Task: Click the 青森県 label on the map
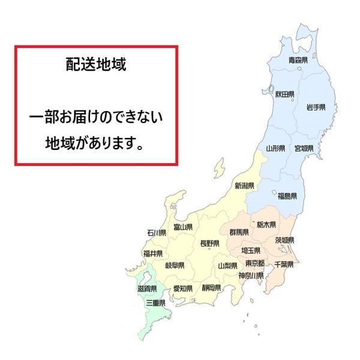298,60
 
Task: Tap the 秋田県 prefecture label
286,94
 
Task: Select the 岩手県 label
315,107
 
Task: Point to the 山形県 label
276,147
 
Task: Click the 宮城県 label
304,148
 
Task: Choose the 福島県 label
287,196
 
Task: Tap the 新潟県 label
244,185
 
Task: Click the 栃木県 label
265,225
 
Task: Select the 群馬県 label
239,232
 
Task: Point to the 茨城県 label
284,240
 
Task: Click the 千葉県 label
283,264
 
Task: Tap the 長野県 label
209,243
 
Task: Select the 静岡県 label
212,288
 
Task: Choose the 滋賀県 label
146,289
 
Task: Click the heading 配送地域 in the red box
95,64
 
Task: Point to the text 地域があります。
95,143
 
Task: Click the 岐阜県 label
174,265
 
